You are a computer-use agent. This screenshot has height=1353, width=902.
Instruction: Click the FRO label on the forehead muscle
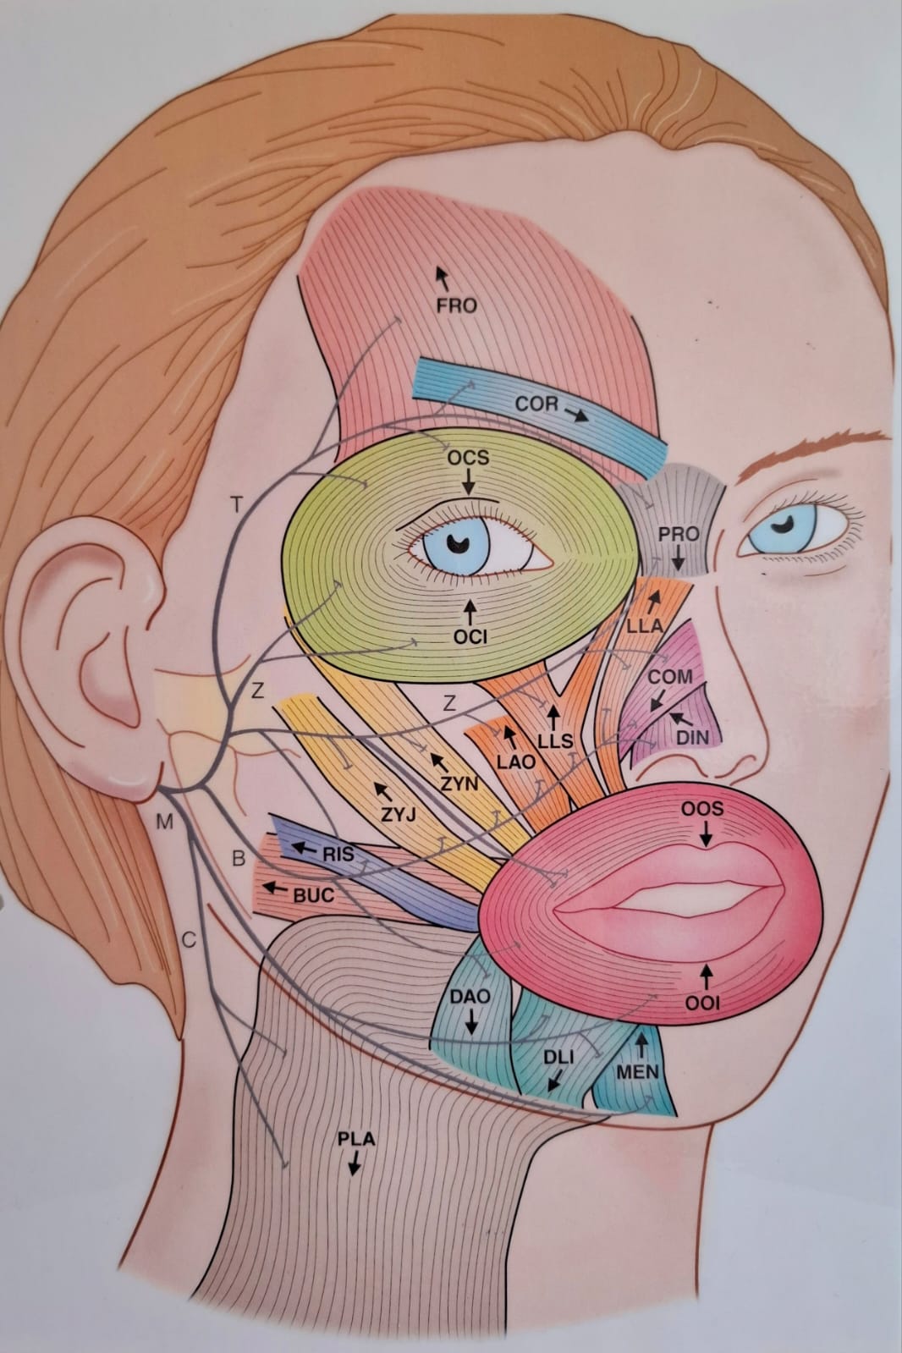(x=456, y=305)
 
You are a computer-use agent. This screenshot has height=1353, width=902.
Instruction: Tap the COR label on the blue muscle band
(x=537, y=404)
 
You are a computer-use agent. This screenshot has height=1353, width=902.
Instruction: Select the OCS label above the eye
(x=468, y=458)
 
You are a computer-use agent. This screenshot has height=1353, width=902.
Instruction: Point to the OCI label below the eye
(x=470, y=636)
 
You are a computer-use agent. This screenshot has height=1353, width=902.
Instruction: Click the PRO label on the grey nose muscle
(x=679, y=534)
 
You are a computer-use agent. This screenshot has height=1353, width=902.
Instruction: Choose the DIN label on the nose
(x=692, y=736)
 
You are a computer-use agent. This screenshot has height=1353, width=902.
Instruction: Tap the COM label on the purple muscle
(x=670, y=677)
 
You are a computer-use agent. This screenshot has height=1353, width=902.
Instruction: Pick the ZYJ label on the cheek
(x=399, y=815)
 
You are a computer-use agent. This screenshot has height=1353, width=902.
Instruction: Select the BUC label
(x=314, y=895)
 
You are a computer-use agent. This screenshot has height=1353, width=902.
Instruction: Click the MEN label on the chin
(x=637, y=1072)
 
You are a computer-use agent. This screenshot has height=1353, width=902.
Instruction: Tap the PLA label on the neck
(x=356, y=1139)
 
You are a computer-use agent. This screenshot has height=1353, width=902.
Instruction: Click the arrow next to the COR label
(x=576, y=415)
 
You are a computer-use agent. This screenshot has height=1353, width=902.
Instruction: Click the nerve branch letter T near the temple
(x=238, y=504)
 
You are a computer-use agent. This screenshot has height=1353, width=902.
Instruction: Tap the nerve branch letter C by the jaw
(x=189, y=940)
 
